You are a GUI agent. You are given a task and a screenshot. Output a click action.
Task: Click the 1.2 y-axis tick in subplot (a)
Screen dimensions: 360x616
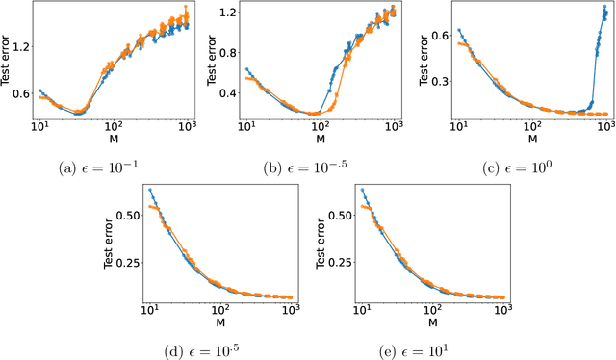coord(19,45)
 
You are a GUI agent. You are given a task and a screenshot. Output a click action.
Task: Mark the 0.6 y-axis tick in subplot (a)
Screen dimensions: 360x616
coord(19,93)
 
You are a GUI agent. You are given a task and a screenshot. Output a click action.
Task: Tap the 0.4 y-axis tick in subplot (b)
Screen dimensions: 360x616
coord(227,93)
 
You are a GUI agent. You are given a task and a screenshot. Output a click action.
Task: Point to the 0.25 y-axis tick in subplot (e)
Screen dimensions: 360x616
coord(333,253)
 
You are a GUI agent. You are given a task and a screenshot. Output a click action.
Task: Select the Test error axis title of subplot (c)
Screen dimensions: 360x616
coord(422,64)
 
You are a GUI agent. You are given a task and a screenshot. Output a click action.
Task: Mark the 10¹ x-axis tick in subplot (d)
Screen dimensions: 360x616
coord(149,309)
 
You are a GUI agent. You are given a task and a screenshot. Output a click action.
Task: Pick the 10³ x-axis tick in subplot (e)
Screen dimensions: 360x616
coord(501,309)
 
